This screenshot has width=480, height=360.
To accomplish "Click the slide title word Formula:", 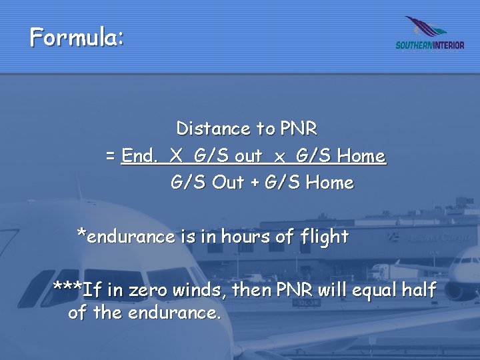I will tap(76, 37).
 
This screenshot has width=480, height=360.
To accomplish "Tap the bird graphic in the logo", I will tap(427, 28).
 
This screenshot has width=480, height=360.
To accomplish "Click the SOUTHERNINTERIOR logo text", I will tap(429, 45).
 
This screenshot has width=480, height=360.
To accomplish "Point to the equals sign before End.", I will tap(111, 157).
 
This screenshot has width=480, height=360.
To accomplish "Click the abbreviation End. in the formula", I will tap(140, 156).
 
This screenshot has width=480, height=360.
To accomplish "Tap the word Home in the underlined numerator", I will tap(361, 156).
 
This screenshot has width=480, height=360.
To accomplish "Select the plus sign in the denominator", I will tap(255, 183).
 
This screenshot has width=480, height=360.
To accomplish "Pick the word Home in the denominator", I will tap(329, 183).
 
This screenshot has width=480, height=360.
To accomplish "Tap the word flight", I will tap(324, 237).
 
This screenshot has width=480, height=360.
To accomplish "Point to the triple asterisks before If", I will tap(67, 289).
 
